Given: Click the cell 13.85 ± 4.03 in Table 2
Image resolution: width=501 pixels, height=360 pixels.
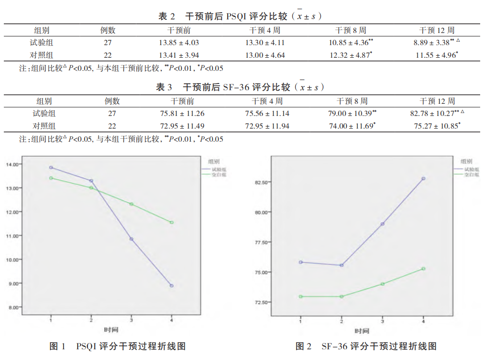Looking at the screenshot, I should click(183, 43).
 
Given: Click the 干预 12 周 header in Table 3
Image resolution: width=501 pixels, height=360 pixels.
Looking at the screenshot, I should click(437, 101).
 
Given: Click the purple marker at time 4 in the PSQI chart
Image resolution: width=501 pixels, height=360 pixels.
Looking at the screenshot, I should click(171, 286).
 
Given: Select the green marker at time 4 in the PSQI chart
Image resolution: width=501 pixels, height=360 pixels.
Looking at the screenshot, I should click(171, 222).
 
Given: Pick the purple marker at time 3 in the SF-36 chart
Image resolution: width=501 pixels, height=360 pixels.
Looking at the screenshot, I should click(383, 224).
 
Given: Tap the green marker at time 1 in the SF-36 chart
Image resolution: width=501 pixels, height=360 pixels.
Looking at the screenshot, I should click(301, 296).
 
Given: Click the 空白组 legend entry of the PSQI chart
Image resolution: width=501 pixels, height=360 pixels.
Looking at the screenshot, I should click(218, 174).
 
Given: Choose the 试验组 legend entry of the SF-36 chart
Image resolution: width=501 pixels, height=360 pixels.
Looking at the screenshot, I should click(471, 169).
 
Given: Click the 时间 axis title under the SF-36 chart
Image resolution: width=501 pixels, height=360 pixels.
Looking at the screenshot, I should click(362, 331).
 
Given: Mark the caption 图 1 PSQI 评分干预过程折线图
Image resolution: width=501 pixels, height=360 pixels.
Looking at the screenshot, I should click(118, 346).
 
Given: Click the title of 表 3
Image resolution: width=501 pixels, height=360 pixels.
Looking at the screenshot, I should click(240, 87).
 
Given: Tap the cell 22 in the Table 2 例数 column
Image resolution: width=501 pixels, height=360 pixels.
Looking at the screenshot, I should click(108, 55).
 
